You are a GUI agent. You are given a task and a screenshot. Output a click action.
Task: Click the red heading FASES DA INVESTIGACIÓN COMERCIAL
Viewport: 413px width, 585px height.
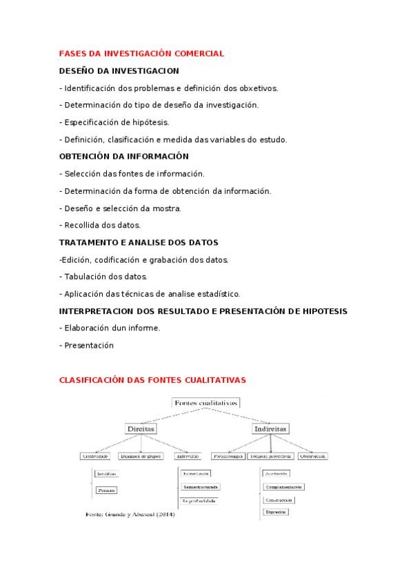141,53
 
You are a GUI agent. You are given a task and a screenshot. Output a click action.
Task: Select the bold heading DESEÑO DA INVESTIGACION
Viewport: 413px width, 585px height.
119,70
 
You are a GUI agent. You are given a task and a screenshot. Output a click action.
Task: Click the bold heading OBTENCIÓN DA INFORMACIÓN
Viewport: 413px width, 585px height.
123,157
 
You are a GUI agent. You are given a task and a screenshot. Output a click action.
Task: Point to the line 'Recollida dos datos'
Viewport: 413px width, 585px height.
101,225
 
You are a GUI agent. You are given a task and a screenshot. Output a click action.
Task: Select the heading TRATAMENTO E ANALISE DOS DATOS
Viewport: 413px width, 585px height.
138,242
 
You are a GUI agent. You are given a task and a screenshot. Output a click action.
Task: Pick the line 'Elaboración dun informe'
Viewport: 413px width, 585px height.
110,328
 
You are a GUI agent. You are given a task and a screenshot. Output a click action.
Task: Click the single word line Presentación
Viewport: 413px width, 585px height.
89,346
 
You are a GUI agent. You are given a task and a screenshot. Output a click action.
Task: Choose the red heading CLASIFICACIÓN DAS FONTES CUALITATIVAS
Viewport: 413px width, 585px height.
152,380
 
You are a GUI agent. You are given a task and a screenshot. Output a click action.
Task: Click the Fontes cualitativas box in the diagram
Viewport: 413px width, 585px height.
205,402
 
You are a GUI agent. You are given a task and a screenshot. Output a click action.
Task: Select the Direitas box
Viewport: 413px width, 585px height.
141,428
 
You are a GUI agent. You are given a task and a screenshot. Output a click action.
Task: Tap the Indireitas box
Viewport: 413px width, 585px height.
270,428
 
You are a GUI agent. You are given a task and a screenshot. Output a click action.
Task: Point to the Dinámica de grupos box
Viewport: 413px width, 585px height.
141,456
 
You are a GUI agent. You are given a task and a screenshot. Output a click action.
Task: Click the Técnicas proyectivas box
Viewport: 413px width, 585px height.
271,456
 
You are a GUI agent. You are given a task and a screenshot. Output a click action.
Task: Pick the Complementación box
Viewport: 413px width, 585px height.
283,486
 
